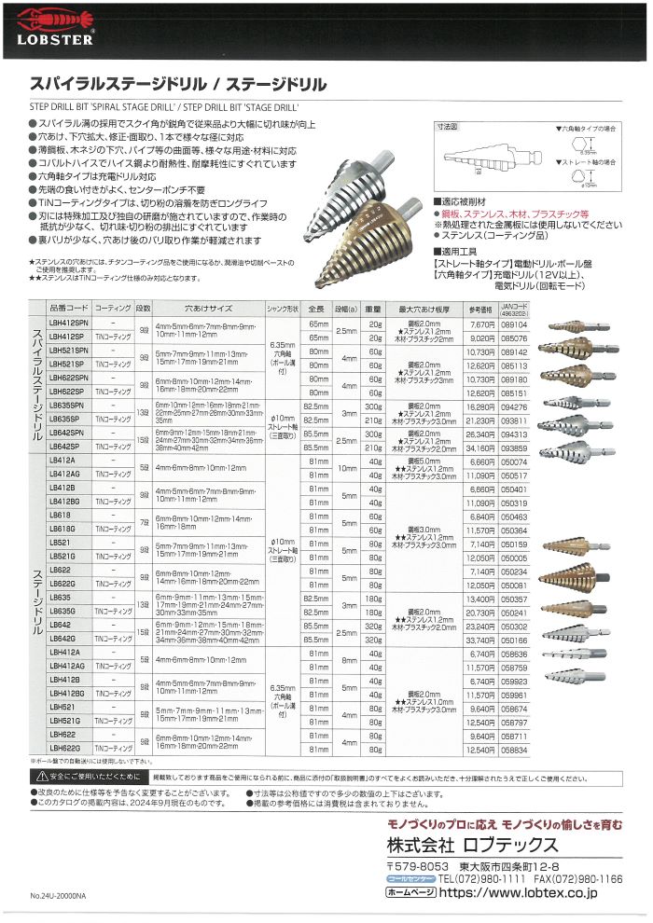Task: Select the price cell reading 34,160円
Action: [x=479, y=447]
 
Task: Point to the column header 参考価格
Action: [x=479, y=309]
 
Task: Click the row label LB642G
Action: [x=63, y=640]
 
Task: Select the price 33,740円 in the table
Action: [x=479, y=640]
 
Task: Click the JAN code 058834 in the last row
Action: [x=512, y=749]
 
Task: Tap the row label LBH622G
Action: [x=65, y=749]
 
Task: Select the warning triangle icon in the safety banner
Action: [x=39, y=776]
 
